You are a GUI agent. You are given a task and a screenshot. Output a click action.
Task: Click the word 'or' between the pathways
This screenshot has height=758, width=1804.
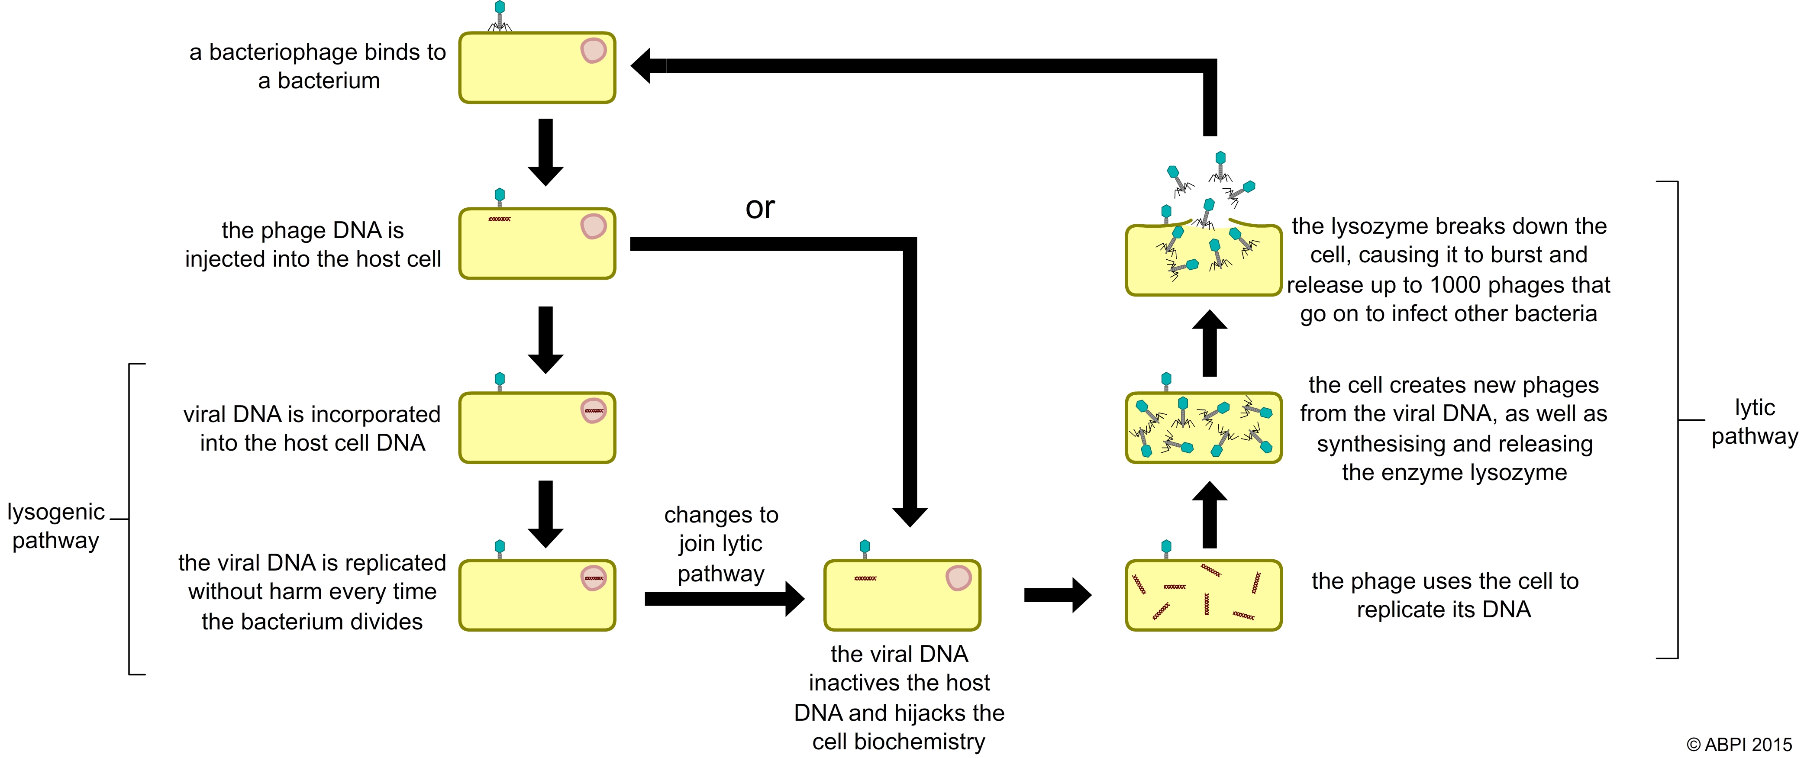(760, 207)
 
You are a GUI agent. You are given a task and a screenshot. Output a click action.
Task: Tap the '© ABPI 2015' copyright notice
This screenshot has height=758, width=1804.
(1739, 744)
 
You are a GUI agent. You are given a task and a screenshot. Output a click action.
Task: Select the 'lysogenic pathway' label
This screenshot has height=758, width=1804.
(56, 526)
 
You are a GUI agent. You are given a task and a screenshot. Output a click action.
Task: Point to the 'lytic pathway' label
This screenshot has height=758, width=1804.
(1754, 421)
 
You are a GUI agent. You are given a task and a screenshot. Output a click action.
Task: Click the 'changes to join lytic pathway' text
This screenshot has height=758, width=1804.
(721, 544)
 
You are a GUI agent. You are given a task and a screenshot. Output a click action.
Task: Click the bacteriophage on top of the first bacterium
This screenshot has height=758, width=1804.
(499, 16)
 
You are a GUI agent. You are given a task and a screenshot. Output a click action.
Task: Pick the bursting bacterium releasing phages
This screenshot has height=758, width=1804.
(1203, 258)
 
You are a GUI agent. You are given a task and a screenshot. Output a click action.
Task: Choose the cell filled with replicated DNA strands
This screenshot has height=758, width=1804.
(1203, 595)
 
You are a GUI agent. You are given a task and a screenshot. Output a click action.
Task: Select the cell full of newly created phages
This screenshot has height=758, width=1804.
(1203, 427)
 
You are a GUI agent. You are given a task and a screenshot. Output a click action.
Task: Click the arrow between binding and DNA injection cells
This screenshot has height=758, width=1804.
(545, 152)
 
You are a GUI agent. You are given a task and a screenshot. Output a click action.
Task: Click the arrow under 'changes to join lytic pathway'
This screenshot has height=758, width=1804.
(724, 598)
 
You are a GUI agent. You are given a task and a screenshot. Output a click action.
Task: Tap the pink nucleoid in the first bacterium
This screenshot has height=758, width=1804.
(593, 51)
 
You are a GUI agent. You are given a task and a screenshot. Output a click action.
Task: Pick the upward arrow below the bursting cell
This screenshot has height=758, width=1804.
(1210, 343)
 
